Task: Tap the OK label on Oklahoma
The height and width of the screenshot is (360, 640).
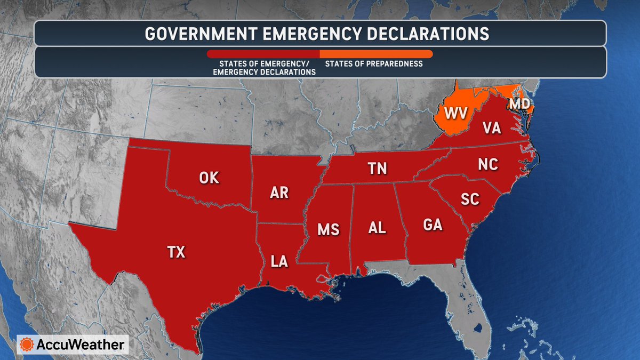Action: pyautogui.click(x=209, y=178)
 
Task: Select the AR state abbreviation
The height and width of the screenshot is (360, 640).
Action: pyautogui.click(x=279, y=193)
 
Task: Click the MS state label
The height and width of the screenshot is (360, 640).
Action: pyautogui.click(x=328, y=229)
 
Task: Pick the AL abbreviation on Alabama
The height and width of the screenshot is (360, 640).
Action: pyautogui.click(x=377, y=228)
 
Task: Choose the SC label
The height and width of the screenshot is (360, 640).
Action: pyautogui.click(x=470, y=199)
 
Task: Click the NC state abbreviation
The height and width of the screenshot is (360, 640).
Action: pyautogui.click(x=488, y=164)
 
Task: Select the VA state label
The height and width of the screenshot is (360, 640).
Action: pyautogui.click(x=491, y=129)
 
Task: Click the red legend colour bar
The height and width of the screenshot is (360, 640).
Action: pyautogui.click(x=263, y=54)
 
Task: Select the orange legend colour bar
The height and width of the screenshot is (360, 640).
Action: pyautogui.click(x=376, y=54)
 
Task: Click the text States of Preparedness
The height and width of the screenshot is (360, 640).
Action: pyautogui.click(x=374, y=64)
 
